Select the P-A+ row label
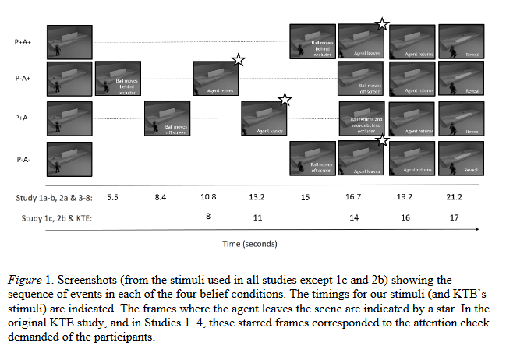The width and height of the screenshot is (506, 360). pyautogui.click(x=23, y=79)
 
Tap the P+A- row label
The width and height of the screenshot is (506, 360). pyautogui.click(x=23, y=118)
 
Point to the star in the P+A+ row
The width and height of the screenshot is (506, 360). pyautogui.click(x=382, y=23)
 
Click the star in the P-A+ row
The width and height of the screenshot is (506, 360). pyautogui.click(x=239, y=61)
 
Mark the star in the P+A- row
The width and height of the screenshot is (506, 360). pyautogui.click(x=285, y=99)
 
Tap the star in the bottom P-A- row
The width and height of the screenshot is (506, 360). pyautogui.click(x=382, y=139)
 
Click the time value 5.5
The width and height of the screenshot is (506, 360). pyautogui.click(x=112, y=199)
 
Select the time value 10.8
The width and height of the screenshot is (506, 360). pyautogui.click(x=209, y=199)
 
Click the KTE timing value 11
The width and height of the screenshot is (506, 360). pyautogui.click(x=258, y=219)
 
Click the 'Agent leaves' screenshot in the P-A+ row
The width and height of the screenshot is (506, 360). pyautogui.click(x=217, y=80)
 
